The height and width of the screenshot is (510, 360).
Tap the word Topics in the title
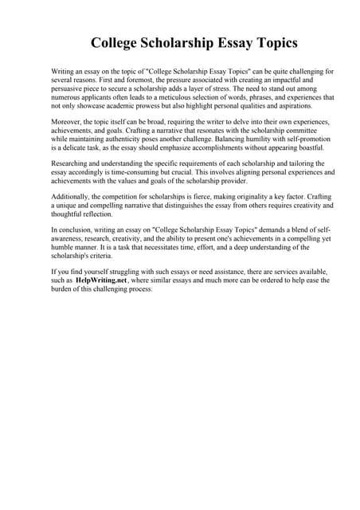(x=270, y=42)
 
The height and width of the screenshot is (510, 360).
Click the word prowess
(x=153, y=105)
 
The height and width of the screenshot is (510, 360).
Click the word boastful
(x=284, y=147)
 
